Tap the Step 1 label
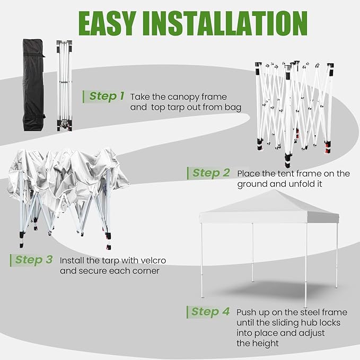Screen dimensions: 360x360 tap(107, 96)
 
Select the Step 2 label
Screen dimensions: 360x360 tap(211, 173)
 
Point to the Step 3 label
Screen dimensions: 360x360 tap(34, 260)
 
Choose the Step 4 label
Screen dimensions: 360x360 tap(210, 312)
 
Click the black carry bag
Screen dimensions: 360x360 tap(34, 85)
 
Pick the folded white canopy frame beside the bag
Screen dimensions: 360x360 tap(65, 85)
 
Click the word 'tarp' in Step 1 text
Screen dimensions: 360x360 tap(177, 108)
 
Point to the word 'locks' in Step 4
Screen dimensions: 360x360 tap(330, 322)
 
